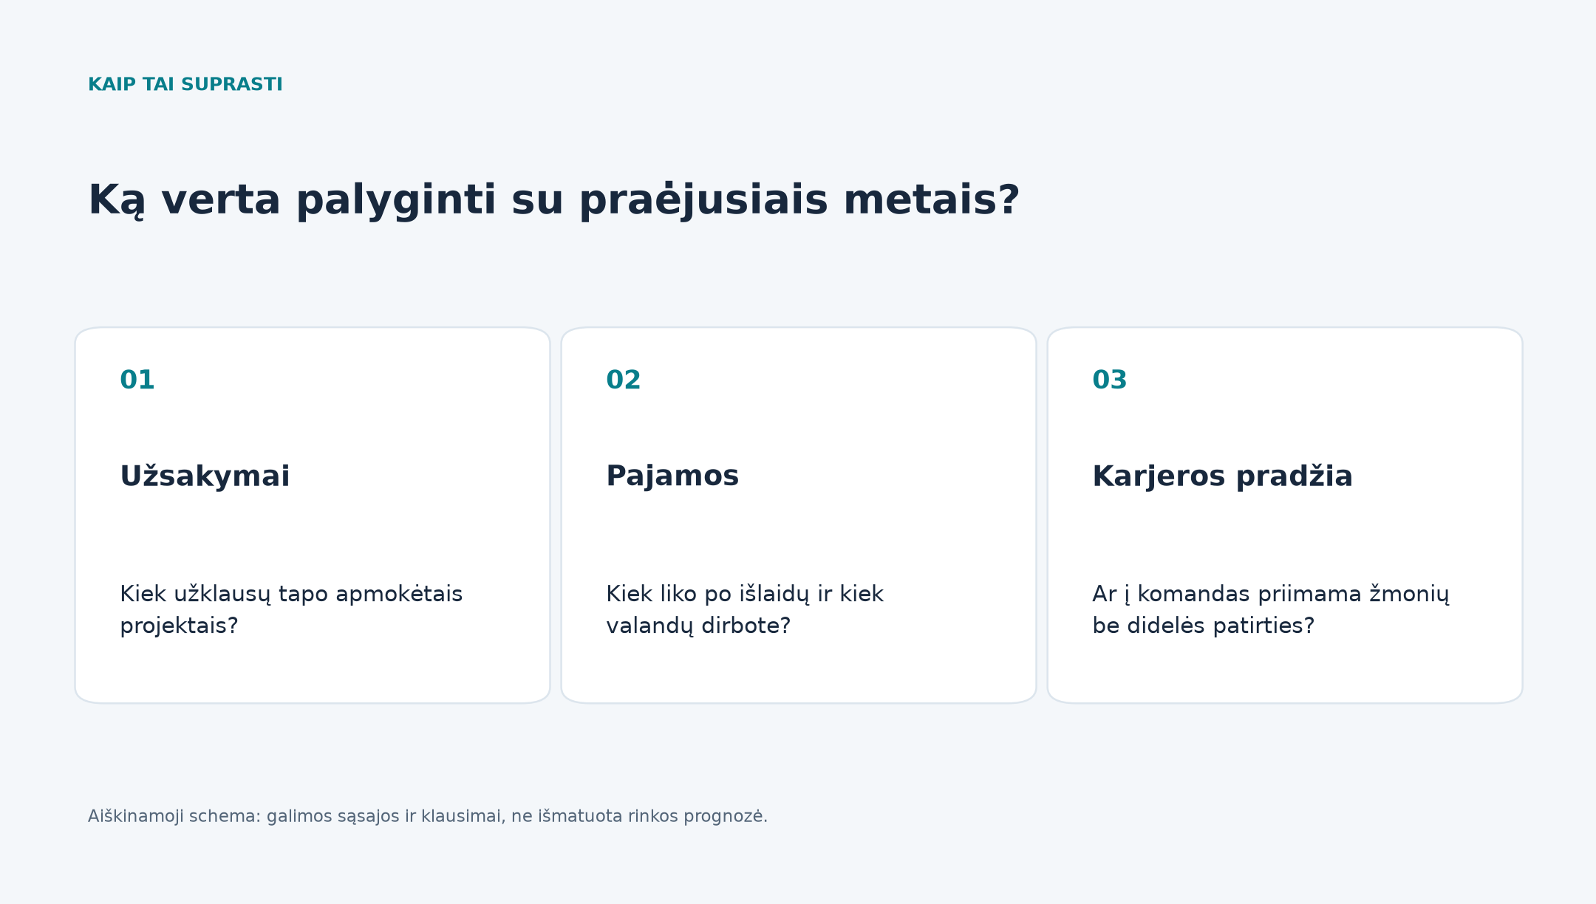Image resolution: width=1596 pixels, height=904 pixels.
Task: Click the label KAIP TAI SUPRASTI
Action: pyautogui.click(x=185, y=84)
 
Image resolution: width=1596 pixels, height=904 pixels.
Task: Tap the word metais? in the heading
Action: pyautogui.click(x=931, y=200)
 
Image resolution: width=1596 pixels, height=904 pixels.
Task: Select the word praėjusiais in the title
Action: pyautogui.click(x=703, y=201)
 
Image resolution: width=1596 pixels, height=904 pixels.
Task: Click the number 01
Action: pyautogui.click(x=137, y=380)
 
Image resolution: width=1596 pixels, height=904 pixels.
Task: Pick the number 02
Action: pyautogui.click(x=624, y=380)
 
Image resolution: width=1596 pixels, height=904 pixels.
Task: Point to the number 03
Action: pyautogui.click(x=1110, y=380)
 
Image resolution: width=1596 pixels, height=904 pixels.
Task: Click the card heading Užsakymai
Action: pyautogui.click(x=205, y=476)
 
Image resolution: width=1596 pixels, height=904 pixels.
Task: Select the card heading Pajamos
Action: pyautogui.click(x=672, y=476)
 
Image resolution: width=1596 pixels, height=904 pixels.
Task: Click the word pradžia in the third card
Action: pyautogui.click(x=1294, y=476)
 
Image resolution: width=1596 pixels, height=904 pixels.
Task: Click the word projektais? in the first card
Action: pyautogui.click(x=179, y=626)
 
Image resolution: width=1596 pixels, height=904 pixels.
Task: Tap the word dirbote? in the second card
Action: pyautogui.click(x=746, y=626)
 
